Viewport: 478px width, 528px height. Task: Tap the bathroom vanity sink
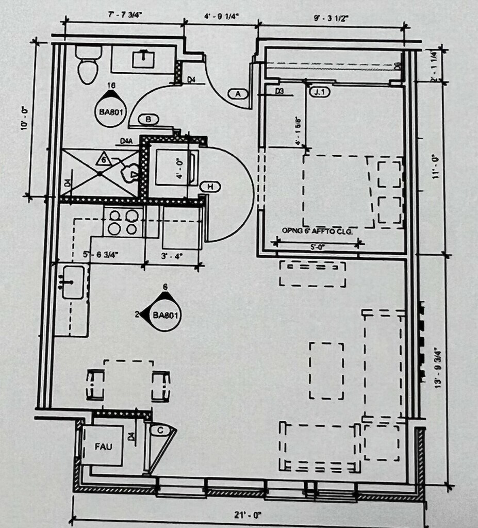(142, 59)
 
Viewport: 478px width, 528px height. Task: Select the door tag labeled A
(238, 94)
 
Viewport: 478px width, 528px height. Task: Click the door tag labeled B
(149, 120)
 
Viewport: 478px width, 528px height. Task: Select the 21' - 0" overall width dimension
(249, 515)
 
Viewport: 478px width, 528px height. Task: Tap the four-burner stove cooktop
(124, 222)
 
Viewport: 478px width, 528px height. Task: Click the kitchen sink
(73, 282)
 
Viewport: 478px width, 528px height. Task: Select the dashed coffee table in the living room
(326, 370)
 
